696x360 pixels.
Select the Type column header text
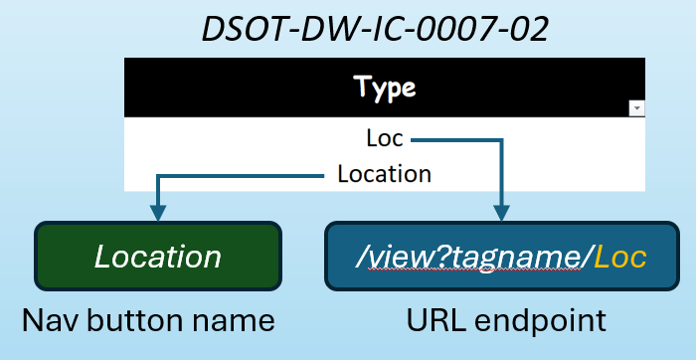(386, 88)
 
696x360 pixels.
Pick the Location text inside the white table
(385, 174)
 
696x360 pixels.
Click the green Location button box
(158, 258)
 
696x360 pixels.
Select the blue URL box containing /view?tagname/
(500, 258)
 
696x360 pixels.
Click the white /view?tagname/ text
(472, 258)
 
